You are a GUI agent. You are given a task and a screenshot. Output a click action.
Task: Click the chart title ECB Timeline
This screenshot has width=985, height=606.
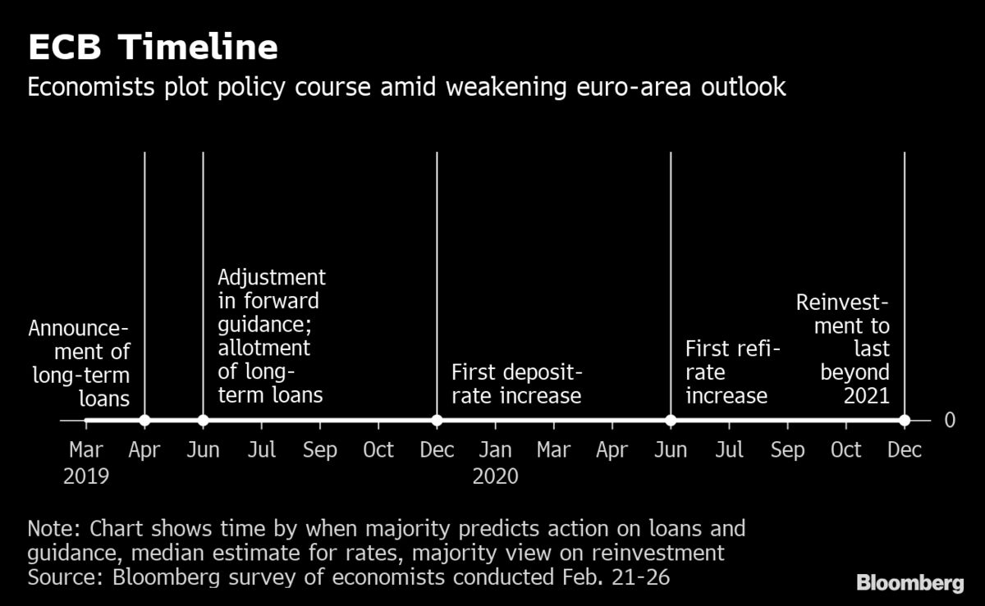coord(153,48)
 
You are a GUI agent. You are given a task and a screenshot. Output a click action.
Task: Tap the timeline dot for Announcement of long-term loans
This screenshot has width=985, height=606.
coord(144,421)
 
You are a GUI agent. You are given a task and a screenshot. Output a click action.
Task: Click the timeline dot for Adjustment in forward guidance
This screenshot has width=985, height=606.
coord(203,421)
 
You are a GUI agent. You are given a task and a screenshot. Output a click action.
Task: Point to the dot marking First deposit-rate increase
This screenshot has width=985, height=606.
coord(437,421)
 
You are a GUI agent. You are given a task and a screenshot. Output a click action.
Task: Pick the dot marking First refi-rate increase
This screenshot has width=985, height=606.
coord(671,421)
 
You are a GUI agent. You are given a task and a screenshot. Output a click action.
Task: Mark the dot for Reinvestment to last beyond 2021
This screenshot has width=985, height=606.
coord(904,421)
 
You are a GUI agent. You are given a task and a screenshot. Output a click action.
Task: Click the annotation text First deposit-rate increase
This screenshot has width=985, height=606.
coord(516,385)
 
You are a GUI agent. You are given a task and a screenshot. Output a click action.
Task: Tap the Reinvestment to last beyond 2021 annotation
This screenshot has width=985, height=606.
coord(843,349)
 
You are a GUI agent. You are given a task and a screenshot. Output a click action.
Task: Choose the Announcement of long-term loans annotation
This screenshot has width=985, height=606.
coord(80,363)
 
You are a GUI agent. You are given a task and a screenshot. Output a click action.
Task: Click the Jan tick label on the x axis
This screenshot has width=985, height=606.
coord(496,450)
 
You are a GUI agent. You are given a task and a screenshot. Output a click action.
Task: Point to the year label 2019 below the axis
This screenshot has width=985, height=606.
coord(86,476)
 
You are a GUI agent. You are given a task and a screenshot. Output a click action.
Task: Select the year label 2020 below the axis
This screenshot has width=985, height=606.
coord(496,476)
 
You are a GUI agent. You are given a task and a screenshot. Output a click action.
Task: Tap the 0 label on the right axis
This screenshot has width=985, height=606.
coord(950,421)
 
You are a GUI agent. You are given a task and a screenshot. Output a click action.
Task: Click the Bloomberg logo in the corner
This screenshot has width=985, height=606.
coord(909,583)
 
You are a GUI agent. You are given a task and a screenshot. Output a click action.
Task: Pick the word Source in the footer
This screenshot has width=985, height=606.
coord(60,576)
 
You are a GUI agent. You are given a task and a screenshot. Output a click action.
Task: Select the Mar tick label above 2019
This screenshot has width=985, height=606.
coord(86,450)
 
